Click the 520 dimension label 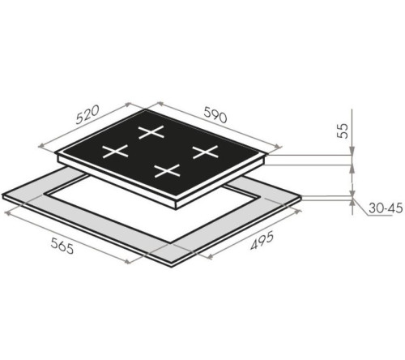87,114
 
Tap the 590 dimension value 215,114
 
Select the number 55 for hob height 343,131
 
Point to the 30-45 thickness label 386,208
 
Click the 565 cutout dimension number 62,246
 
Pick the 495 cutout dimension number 262,240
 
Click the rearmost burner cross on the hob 151,132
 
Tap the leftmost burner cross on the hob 115,152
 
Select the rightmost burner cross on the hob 205,152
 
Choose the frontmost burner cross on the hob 167,171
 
